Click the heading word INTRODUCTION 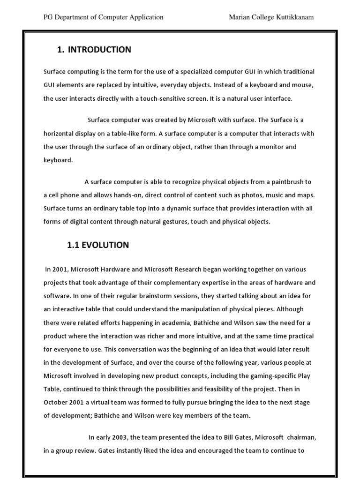[99, 50]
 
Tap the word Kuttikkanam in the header [293, 17]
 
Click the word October [57, 403]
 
